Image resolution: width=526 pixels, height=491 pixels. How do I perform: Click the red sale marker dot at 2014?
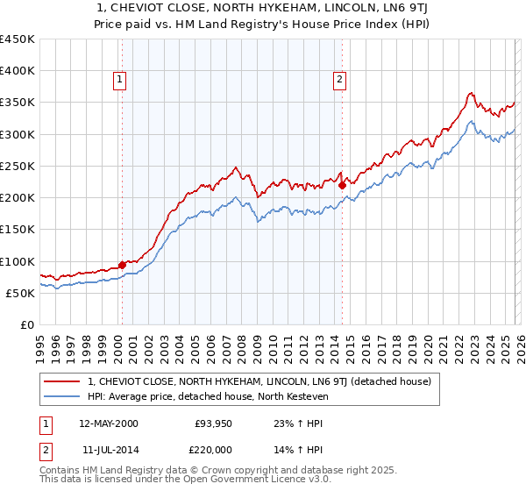342,184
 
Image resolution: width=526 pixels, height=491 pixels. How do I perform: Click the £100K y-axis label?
18,261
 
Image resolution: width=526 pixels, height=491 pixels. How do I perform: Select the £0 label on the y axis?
27,325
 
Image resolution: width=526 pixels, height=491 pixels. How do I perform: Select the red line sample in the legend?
61,382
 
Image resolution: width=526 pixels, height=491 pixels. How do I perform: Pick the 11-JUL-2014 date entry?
108,449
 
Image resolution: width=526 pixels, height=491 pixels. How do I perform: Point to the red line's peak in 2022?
471,93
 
